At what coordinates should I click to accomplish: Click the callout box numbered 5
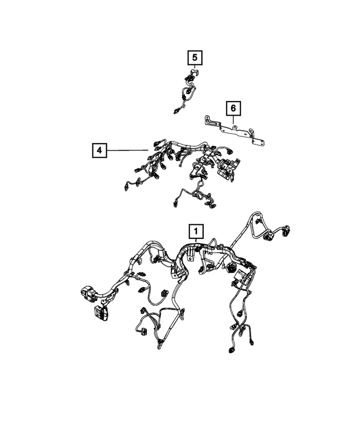[195, 57]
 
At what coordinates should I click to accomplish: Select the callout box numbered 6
[232, 108]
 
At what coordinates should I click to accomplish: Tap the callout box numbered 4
[99, 151]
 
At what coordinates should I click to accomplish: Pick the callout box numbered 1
[195, 231]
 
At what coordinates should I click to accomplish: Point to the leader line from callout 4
[127, 151]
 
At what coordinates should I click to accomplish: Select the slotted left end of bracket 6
[209, 120]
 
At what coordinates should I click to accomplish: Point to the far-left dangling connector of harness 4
[125, 185]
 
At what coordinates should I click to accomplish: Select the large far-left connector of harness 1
[87, 294]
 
